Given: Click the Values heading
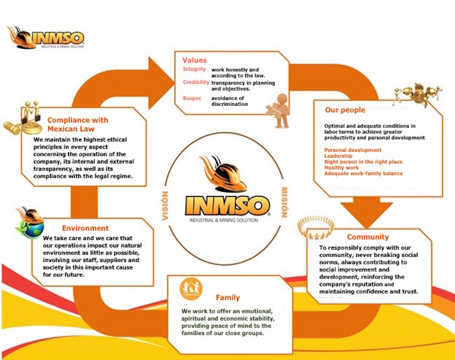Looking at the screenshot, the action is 194,60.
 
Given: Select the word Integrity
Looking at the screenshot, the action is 194,69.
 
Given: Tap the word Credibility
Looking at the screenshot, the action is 196,82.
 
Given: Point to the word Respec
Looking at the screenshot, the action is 192,98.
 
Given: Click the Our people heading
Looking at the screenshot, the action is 345,110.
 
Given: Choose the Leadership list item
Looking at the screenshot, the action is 338,156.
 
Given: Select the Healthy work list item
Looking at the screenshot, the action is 342,168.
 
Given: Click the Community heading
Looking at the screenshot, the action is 368,237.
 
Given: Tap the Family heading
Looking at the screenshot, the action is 228,297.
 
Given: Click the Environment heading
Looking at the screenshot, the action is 85,228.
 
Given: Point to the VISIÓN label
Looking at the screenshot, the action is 165,206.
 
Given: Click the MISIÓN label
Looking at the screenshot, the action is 284,202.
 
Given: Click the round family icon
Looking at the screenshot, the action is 191,289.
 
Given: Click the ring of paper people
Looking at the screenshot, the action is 316,228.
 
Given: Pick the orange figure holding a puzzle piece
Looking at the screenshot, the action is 279,111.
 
